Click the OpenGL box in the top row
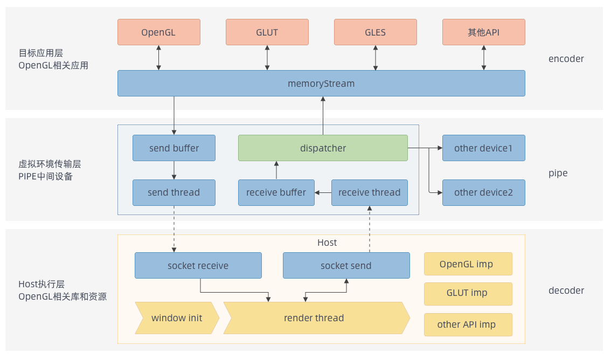(x=159, y=32)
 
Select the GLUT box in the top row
(x=267, y=32)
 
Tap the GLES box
(x=376, y=32)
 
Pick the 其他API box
(x=484, y=32)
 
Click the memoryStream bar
(x=322, y=84)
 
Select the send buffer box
(x=174, y=148)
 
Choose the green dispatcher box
(x=323, y=148)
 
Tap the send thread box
(x=174, y=192)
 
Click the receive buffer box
(x=276, y=192)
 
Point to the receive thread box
(x=370, y=192)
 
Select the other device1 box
(x=484, y=148)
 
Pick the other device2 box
(x=484, y=192)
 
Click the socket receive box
(x=198, y=265)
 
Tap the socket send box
(x=346, y=265)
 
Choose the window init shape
(x=177, y=318)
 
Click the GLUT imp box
(x=468, y=294)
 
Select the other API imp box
(x=468, y=324)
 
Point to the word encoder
(x=566, y=59)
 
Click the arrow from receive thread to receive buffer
(x=323, y=192)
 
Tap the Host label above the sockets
(x=327, y=243)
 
